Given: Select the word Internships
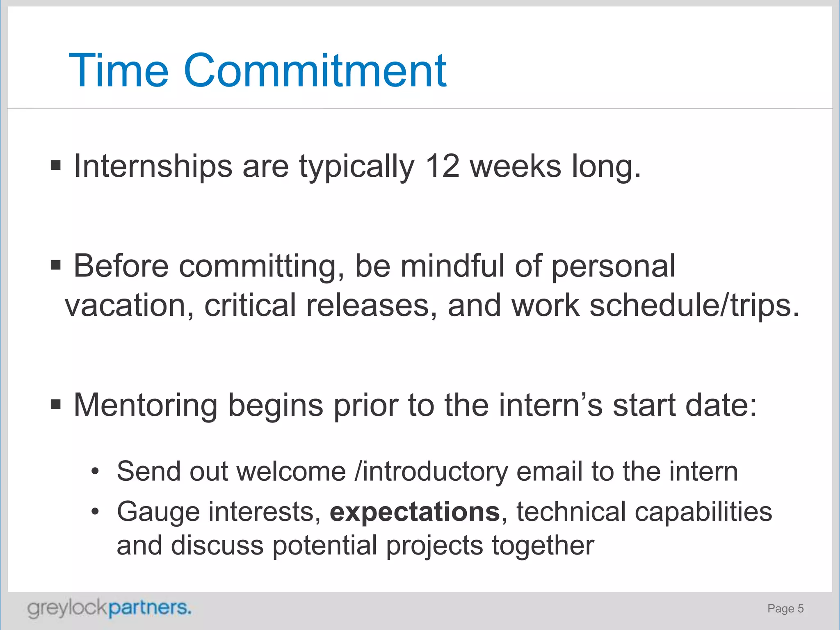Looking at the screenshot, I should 153,167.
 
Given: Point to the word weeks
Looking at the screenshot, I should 515,166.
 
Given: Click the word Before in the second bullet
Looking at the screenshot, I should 121,266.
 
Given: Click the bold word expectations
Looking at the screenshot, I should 415,512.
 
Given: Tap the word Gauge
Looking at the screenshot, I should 158,512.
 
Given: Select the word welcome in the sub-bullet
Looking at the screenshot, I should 291,471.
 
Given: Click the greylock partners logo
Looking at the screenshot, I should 109,608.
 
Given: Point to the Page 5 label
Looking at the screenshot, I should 785,609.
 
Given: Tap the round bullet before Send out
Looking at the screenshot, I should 95,472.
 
